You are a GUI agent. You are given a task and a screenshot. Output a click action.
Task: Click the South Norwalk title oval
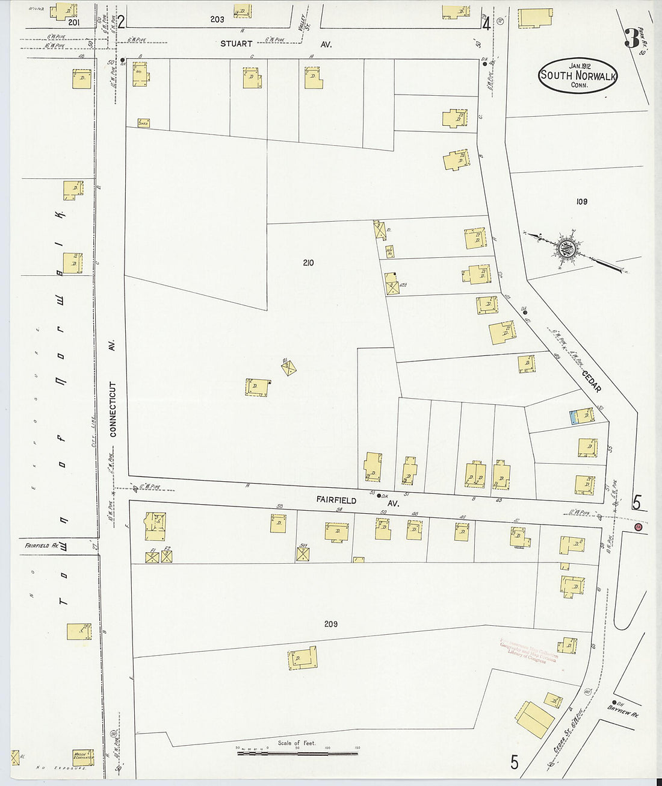point(578,75)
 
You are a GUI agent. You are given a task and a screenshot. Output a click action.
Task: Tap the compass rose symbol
point(567,247)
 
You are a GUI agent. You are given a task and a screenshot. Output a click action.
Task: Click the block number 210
point(308,263)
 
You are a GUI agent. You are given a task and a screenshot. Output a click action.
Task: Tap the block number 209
point(330,624)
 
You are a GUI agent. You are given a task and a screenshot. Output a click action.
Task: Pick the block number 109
point(581,202)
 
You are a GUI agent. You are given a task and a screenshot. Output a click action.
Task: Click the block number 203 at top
point(217,19)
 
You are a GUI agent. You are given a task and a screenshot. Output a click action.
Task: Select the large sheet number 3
point(631,38)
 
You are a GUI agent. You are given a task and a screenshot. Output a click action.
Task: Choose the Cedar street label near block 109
point(591,379)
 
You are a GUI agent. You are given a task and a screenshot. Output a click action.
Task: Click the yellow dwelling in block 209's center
point(302,658)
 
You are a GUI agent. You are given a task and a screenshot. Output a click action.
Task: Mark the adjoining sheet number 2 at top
point(122,23)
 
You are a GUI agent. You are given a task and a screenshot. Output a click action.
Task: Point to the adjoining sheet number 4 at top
point(486,23)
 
